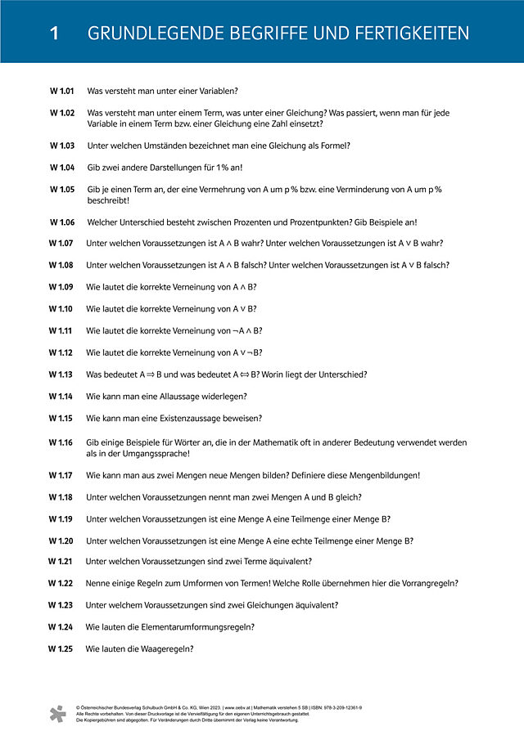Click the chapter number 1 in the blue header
point(54,34)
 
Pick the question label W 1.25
point(61,648)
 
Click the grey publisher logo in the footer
point(56,713)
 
